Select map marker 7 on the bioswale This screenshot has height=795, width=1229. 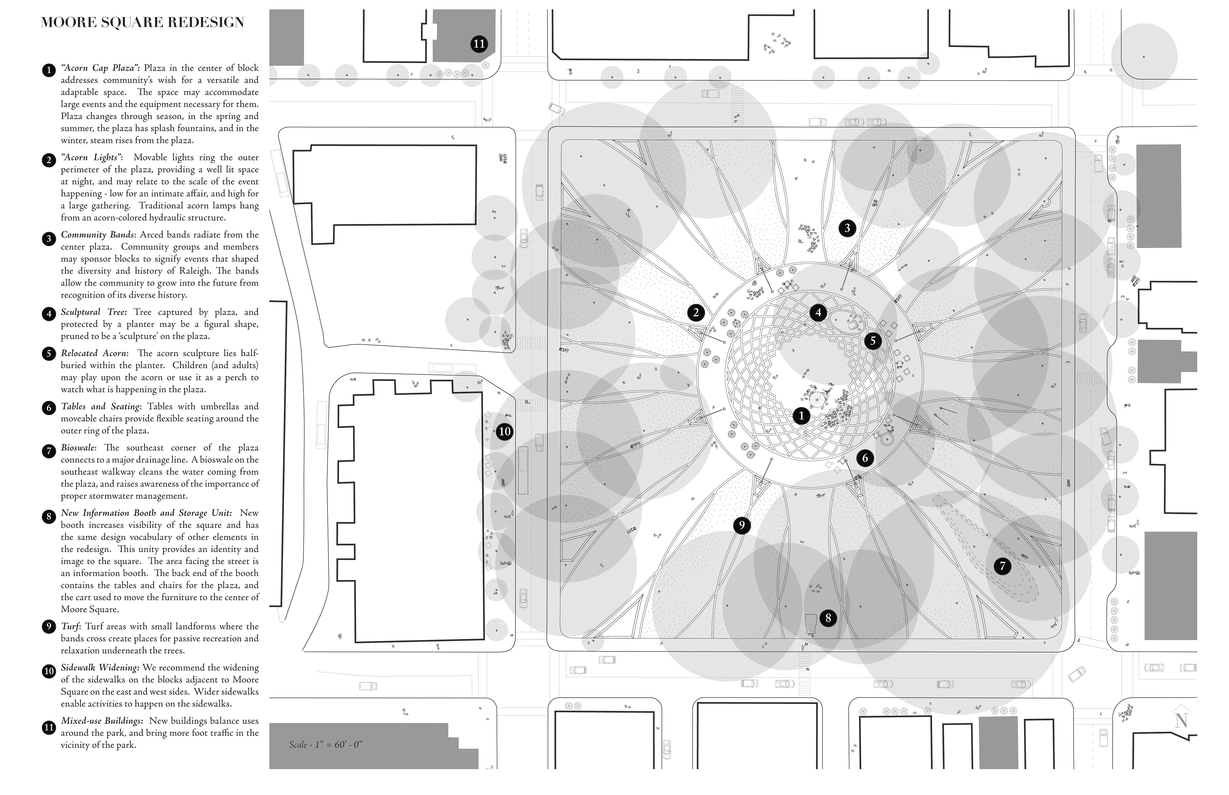click(1002, 566)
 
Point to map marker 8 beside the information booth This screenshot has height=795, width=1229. click(828, 618)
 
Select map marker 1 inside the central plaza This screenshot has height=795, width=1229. click(801, 416)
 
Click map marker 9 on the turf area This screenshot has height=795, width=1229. click(741, 525)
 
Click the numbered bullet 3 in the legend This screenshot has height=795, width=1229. click(48, 238)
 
